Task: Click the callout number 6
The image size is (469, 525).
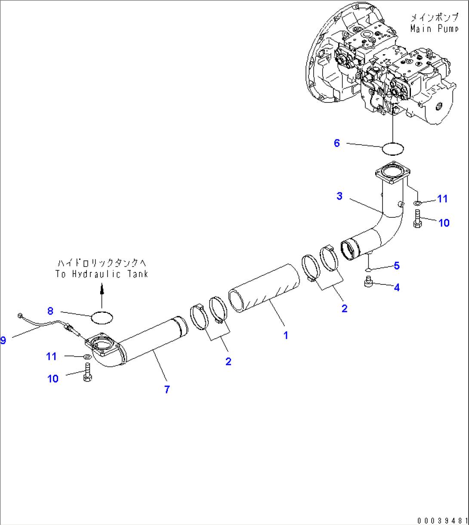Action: tap(337, 143)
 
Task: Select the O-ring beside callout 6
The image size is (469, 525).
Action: tap(393, 148)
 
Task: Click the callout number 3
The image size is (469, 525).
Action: tap(339, 196)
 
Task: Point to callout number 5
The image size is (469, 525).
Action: tap(396, 266)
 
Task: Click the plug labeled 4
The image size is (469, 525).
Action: tap(368, 282)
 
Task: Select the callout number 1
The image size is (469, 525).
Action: tap(286, 335)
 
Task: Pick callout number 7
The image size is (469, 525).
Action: tap(167, 389)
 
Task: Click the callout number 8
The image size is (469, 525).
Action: tap(50, 310)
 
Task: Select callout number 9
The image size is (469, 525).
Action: tap(3, 340)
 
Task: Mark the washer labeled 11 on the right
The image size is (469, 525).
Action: tap(417, 203)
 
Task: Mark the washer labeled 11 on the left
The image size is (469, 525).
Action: tap(86, 356)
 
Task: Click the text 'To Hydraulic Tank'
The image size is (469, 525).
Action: tap(102, 274)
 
